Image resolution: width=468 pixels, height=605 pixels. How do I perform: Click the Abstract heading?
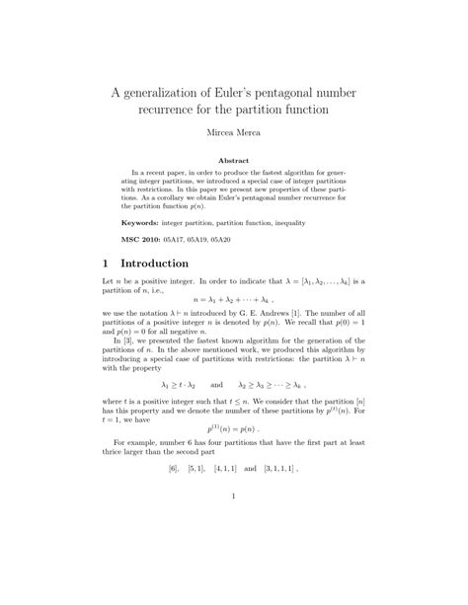(234, 158)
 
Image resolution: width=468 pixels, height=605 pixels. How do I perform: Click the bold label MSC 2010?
(149, 240)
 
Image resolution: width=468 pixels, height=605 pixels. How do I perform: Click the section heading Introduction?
(167, 265)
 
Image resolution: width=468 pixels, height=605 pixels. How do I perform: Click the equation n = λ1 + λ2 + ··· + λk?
(234, 299)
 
